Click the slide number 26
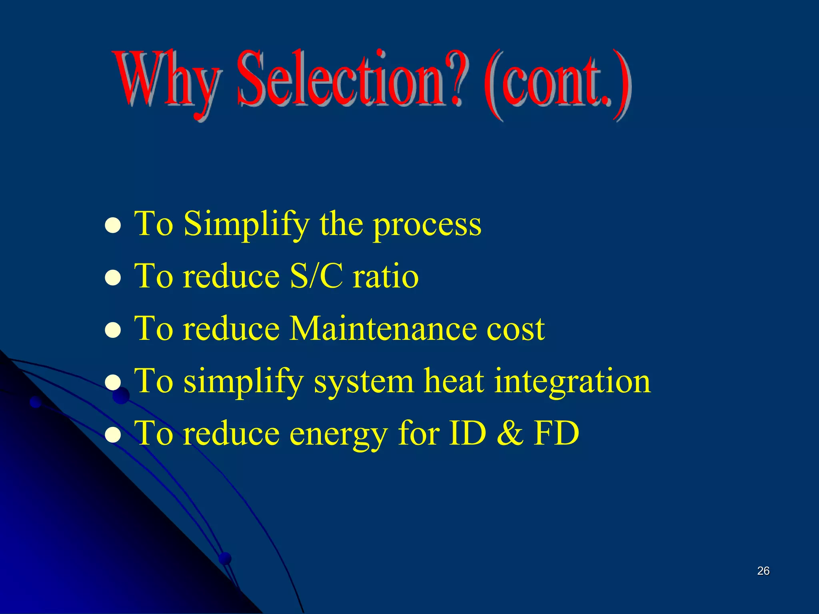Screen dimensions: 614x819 [763, 571]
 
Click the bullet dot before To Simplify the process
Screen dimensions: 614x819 [113, 225]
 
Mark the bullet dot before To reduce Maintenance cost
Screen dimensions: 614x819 [113, 330]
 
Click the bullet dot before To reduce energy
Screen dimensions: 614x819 [113, 435]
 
